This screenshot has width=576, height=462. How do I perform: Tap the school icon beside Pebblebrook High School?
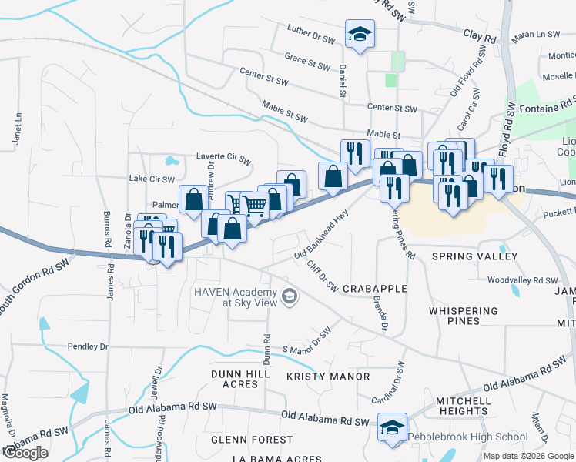392,427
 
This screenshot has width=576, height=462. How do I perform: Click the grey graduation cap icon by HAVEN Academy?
290,296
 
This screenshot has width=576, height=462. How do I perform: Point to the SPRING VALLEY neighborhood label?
471,256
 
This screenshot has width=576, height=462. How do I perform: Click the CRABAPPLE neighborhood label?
374,288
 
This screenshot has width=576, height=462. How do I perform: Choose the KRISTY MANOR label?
328,377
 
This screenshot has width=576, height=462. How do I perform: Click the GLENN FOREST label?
252,440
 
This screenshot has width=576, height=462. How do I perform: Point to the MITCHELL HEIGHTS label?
463,406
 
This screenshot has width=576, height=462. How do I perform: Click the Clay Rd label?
480,36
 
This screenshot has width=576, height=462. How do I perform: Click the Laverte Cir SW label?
223,160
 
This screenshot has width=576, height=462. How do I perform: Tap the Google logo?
25,453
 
